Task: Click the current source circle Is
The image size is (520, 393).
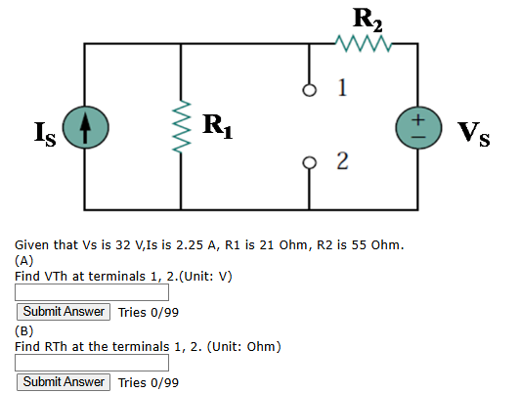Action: (86, 127)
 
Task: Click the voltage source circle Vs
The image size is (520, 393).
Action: (418, 128)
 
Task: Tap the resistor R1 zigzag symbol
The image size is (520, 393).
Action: (181, 126)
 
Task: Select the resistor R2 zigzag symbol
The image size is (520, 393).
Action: (364, 43)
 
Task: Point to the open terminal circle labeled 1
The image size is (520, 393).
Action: (310, 90)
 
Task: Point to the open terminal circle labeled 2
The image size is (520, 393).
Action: (310, 163)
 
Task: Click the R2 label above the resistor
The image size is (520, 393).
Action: (368, 20)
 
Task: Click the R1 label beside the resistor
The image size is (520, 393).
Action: (218, 126)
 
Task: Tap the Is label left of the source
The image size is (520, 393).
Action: (45, 134)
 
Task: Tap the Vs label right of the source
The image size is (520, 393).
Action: (474, 134)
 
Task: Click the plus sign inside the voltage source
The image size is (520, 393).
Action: (419, 119)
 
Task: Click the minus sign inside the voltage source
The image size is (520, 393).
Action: (419, 137)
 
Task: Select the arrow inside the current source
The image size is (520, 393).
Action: (86, 128)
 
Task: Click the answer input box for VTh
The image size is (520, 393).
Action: (92, 292)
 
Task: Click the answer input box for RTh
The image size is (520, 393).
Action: (92, 363)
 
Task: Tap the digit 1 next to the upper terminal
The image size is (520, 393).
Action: (342, 88)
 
